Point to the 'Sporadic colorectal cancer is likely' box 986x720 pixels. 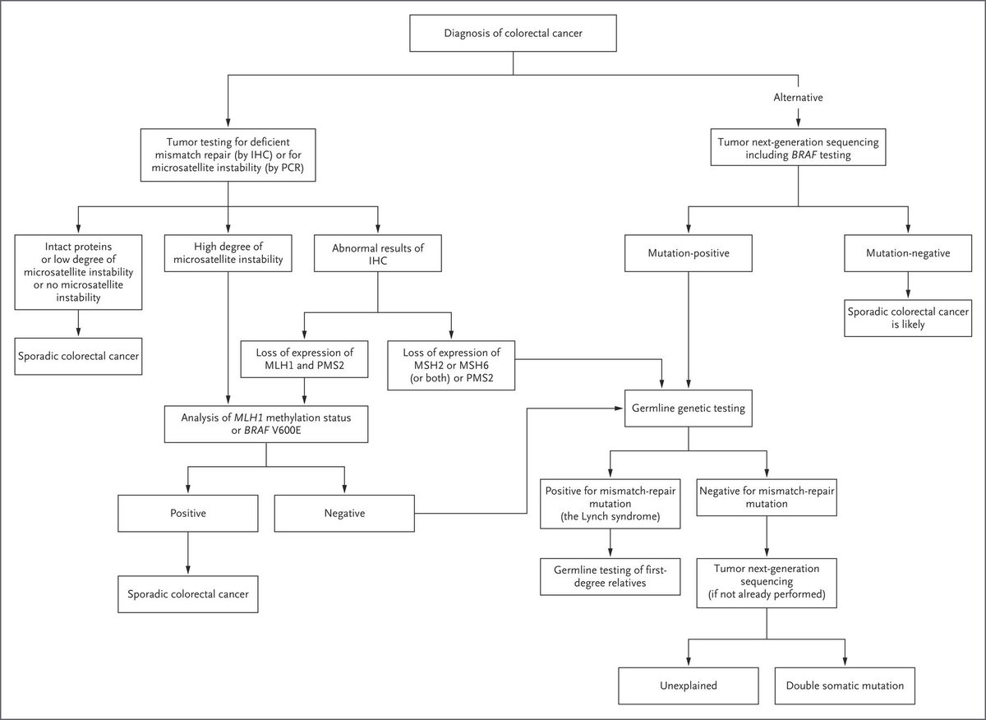click(908, 317)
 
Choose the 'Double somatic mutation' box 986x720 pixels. click(844, 684)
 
